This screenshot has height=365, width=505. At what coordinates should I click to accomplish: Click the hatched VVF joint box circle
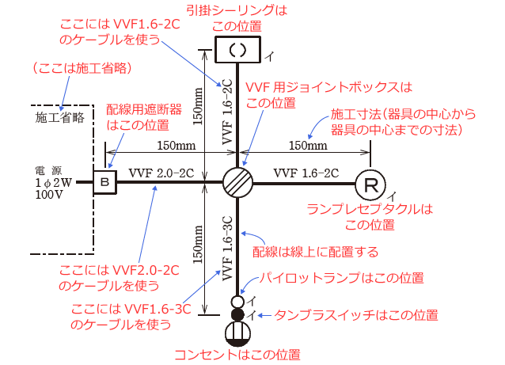[x=237, y=183]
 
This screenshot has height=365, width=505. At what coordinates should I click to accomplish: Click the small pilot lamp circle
[x=237, y=302]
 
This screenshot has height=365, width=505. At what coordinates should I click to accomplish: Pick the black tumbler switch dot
[x=237, y=316]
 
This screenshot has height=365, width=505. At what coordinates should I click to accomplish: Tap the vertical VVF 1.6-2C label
[x=227, y=111]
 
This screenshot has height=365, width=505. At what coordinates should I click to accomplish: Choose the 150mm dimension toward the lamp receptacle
[x=307, y=146]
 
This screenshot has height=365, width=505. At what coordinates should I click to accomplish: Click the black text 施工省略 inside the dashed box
[x=60, y=118]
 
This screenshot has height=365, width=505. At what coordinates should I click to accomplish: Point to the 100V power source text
[x=49, y=195]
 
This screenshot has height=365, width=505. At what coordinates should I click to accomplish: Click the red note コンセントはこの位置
[x=237, y=354]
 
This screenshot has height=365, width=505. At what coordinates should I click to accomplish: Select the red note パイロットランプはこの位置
[x=343, y=279]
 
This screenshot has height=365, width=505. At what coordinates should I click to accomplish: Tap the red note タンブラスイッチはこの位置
[x=355, y=314]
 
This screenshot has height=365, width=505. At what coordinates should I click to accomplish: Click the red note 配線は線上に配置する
[x=316, y=252]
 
